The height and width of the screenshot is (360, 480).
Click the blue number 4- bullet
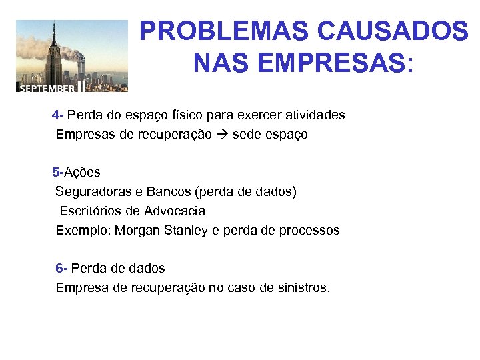[57, 115]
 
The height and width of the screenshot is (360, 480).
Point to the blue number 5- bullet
[58, 172]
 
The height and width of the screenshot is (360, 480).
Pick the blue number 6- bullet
[61, 268]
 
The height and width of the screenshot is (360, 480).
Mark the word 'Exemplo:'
[83, 230]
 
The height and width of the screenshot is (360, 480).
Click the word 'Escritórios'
[91, 211]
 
